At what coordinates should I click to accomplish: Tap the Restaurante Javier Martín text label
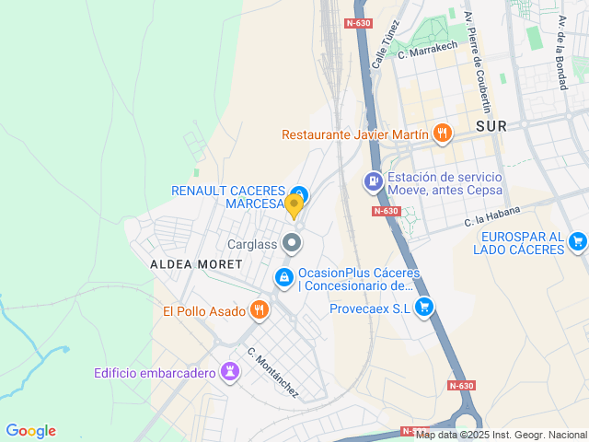click(355, 134)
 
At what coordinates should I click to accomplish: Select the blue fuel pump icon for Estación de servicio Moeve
click(373, 181)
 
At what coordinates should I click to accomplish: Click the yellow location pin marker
click(294, 204)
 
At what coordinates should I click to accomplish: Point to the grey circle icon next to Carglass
click(293, 243)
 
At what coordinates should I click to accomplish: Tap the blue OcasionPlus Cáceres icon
click(284, 276)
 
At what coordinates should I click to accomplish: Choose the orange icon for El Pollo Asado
click(260, 310)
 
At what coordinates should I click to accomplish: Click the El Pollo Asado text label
click(202, 311)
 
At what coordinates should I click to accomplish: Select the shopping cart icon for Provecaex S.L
click(424, 308)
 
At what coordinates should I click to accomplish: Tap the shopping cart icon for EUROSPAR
click(577, 241)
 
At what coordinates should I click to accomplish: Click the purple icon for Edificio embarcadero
click(230, 372)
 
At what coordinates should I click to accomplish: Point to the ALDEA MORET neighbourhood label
click(196, 264)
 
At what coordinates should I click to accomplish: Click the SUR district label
click(491, 126)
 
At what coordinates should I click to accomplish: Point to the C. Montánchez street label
click(272, 372)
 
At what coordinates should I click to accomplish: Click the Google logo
click(30, 431)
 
